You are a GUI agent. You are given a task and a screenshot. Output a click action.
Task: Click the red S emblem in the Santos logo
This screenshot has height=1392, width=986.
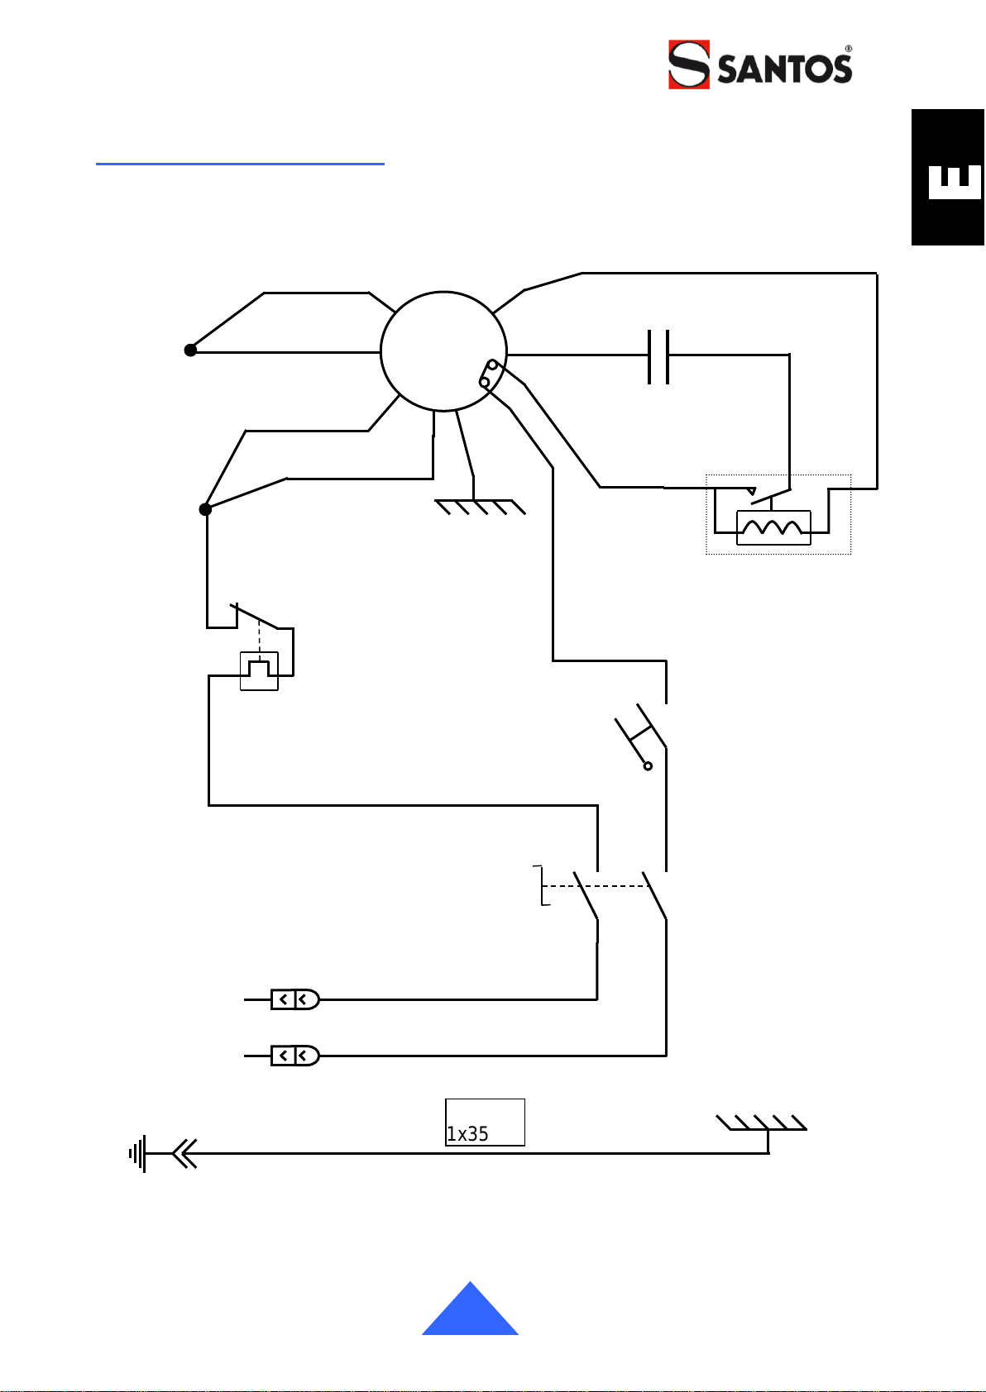pos(689,64)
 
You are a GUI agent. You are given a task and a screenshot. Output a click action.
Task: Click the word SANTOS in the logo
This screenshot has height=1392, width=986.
pos(784,69)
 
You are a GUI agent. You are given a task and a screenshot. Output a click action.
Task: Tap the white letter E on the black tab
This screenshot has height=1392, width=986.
pos(955,182)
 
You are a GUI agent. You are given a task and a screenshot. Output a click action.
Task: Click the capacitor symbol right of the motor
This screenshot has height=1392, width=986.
pos(658,357)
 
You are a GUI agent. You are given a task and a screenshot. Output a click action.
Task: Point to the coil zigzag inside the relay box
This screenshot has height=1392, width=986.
pos(773,527)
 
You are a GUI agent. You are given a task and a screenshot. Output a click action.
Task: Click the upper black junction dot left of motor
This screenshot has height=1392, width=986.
pos(190,350)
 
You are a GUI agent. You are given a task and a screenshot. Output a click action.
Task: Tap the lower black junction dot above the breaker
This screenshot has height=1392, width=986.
pos(205,509)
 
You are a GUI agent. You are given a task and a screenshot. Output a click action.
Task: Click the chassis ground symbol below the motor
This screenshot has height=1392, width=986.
pos(480,507)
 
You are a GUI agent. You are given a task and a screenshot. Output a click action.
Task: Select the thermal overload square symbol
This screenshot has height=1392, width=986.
pos(259,670)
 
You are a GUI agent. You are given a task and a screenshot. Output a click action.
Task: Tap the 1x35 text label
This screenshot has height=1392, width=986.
pos(467,1134)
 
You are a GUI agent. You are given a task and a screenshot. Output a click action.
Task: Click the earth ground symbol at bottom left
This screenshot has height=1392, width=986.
pos(137,1153)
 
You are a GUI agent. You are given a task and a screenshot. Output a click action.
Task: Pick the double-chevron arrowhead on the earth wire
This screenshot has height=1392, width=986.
pos(184,1153)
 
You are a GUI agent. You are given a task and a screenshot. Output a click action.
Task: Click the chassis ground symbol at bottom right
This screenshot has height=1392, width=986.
pos(762,1123)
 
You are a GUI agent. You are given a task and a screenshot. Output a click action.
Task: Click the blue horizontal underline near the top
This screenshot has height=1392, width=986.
pos(240,164)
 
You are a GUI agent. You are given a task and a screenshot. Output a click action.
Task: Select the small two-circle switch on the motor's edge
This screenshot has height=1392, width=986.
pos(489,374)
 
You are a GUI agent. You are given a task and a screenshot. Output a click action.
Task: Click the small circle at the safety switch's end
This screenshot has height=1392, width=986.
pos(648,766)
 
